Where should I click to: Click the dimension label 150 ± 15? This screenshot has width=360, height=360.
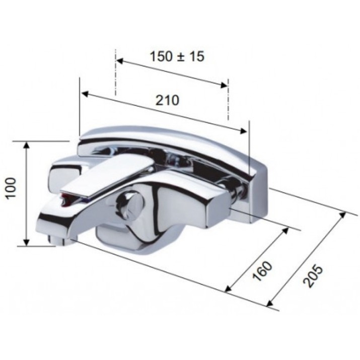pos(177,56)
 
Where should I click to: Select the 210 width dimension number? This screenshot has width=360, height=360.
pos(167,100)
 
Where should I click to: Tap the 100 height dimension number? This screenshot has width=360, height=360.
pos(11,188)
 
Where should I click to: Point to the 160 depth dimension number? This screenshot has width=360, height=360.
pos(262,271)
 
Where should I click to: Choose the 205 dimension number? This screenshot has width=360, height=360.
pos(313,276)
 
